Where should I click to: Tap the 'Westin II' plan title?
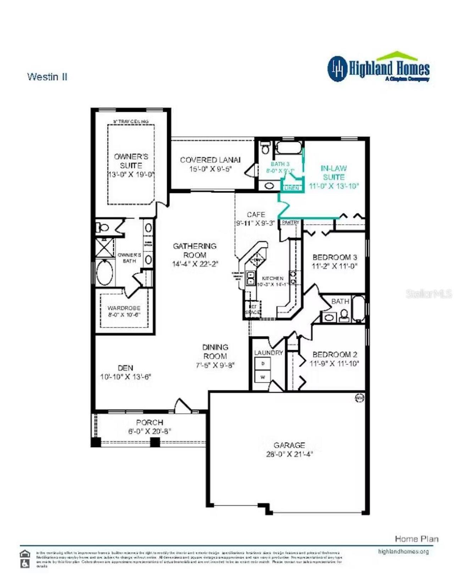point(47,77)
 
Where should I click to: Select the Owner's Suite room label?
point(131,161)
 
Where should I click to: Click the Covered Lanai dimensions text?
point(210,169)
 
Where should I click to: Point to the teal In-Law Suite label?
point(333,173)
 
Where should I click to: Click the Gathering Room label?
point(194,250)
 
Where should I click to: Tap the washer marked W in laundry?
point(263,377)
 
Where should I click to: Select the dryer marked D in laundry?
point(263,364)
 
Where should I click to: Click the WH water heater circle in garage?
point(359,398)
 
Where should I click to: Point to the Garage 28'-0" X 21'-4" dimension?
point(289,454)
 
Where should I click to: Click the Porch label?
point(150,422)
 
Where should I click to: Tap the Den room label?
point(126,368)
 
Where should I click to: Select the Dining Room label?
point(215,351)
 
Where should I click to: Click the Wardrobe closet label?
point(124,308)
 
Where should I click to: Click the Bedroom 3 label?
point(334,257)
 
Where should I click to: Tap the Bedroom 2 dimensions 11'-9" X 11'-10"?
point(334,364)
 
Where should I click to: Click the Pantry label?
point(290,222)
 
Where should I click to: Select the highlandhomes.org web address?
point(403,552)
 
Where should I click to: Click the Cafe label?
point(256,215)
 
